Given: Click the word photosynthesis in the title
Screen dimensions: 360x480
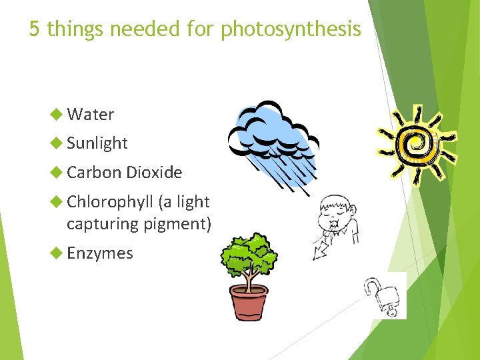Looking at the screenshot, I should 291,29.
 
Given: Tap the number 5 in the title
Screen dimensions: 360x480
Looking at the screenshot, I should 35,29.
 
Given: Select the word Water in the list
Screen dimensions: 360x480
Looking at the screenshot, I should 91,115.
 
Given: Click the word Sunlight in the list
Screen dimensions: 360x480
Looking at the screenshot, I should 97,143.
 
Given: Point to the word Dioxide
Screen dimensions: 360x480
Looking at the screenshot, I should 154,173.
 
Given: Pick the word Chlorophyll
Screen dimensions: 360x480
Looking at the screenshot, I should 110,201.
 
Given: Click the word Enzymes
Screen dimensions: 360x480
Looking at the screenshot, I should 100,253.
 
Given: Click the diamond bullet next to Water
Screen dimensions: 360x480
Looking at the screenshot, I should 57,115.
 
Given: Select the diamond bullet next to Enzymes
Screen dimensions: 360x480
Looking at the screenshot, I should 57,253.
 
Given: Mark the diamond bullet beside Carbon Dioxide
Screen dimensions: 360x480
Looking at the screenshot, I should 57,173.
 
